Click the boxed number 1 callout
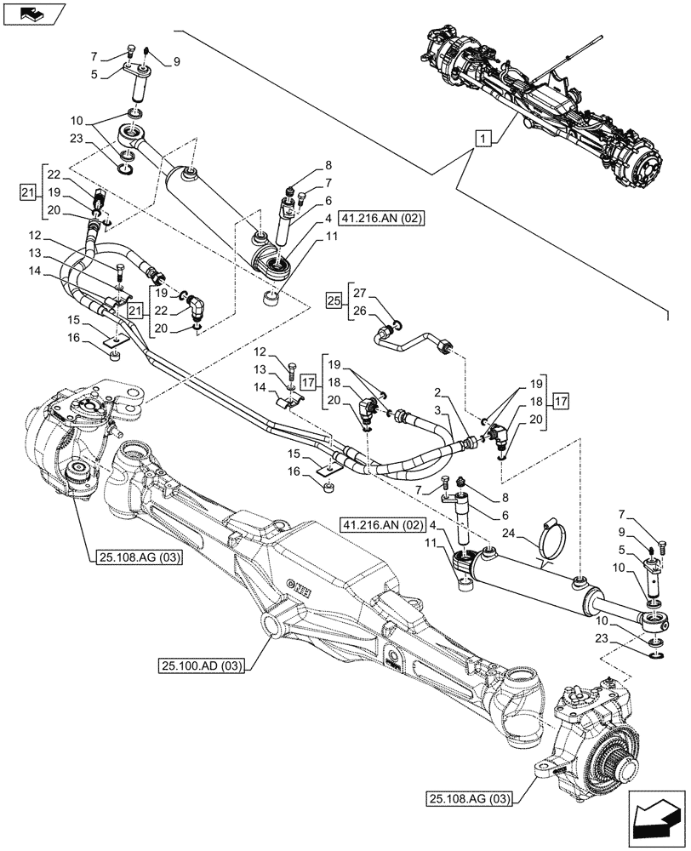483,139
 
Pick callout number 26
360,311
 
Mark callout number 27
360,293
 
